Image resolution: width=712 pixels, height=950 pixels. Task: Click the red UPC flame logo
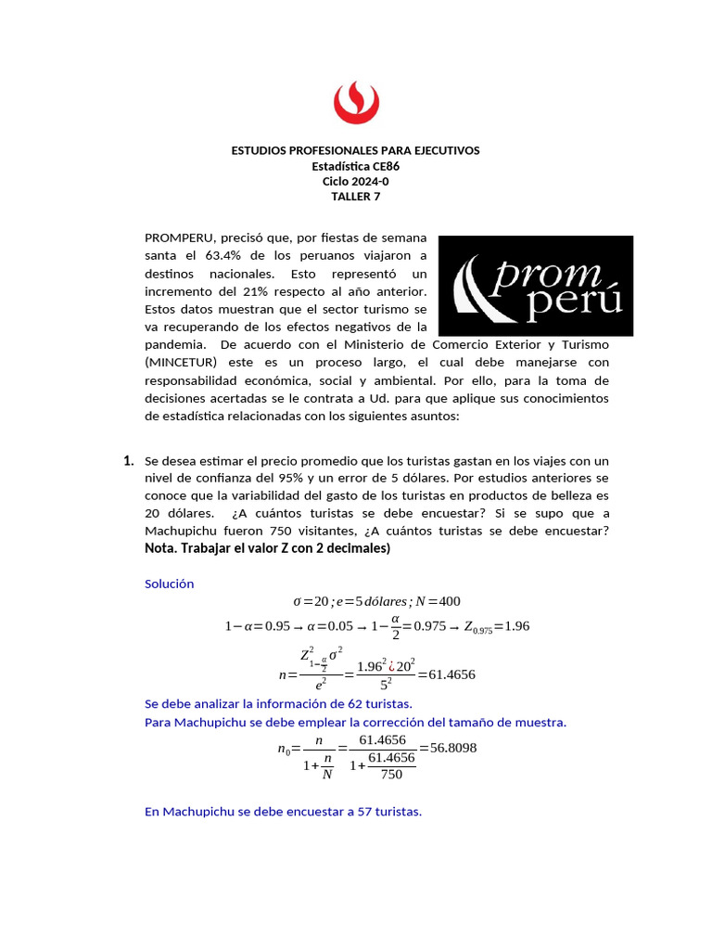coord(355,101)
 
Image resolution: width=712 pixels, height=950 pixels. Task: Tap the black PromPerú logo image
coord(535,286)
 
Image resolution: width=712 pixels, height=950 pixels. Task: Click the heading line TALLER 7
coord(355,196)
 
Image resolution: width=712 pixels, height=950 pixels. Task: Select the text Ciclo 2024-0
coord(355,181)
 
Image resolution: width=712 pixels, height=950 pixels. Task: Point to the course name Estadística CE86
coord(355,166)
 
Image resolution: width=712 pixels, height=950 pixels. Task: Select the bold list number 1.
coord(128,461)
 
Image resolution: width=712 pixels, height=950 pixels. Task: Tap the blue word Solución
coord(170,584)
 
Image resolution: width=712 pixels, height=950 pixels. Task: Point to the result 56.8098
coord(448,748)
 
